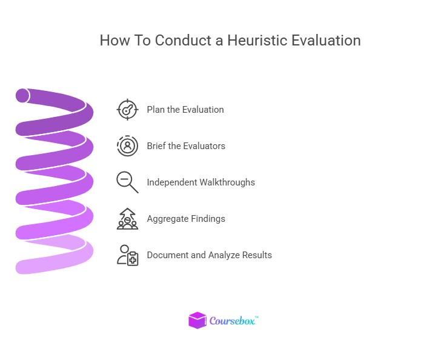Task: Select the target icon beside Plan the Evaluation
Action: [127, 110]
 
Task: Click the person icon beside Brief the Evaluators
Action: [127, 146]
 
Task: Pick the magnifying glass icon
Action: [127, 182]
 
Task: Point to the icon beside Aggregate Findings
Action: [127, 219]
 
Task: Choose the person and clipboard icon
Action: [127, 255]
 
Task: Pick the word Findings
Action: [208, 219]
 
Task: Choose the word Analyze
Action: [224, 255]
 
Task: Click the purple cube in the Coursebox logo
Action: [197, 320]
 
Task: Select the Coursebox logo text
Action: [233, 321]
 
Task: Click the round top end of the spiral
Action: [22, 96]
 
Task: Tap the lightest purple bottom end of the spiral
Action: [24, 267]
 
